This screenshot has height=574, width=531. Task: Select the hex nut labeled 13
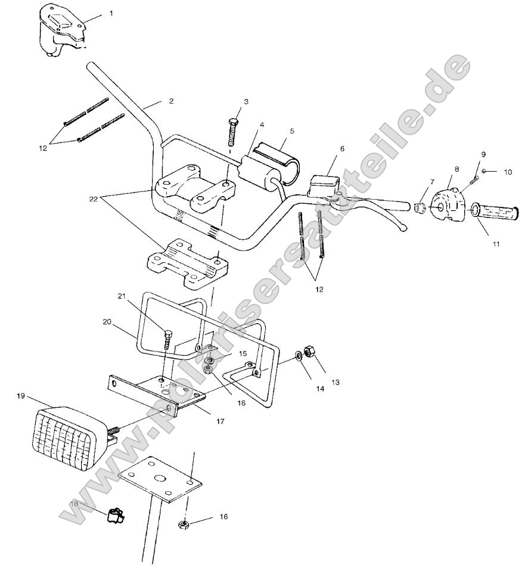tap(310, 352)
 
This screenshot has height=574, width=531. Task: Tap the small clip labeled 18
tap(114, 514)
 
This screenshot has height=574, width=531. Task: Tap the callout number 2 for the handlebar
tap(171, 101)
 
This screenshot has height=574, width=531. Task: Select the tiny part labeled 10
tap(484, 172)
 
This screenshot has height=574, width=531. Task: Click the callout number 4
tap(262, 126)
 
